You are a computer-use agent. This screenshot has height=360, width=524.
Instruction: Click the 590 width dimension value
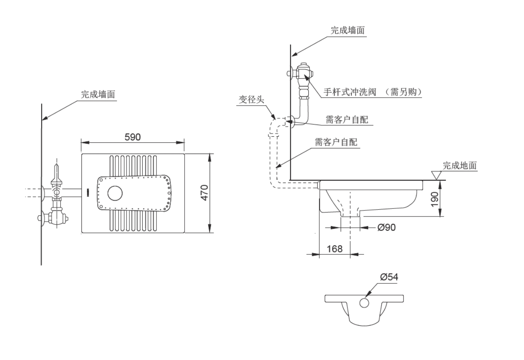pos(132,137)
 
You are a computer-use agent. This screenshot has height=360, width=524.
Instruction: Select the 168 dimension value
pos(334,249)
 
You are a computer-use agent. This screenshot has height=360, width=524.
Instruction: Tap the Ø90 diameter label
pos(386,227)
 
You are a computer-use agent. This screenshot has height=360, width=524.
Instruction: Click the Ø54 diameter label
pos(389,277)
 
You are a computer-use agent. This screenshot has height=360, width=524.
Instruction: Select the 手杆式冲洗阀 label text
pos(349,92)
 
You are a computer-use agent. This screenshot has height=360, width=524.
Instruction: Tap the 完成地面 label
pos(460,165)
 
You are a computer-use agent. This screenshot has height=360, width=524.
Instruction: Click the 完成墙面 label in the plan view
pos(98,95)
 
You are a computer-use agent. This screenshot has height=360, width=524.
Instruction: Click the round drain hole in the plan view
pos(115,193)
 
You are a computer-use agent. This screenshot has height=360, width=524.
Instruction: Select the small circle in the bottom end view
pos(364,303)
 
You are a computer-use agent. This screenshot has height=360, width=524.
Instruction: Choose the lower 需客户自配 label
pos(336,142)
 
